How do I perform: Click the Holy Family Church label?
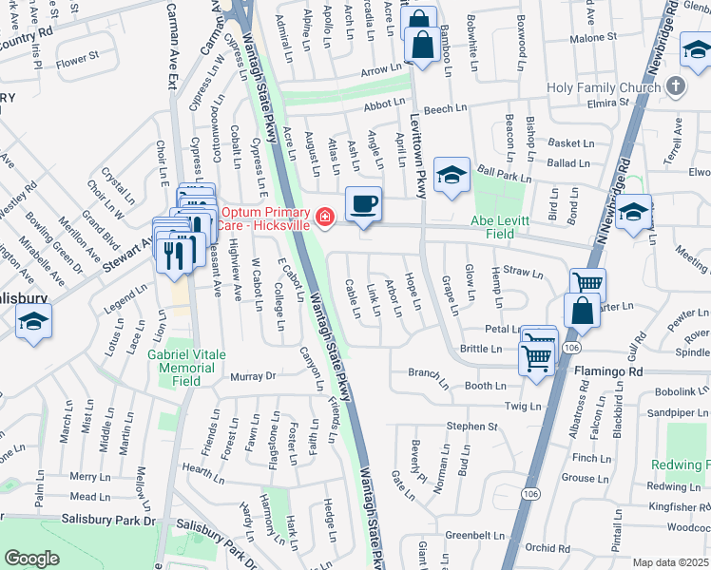(604, 88)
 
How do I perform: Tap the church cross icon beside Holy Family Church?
(676, 87)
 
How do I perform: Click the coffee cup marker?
(363, 204)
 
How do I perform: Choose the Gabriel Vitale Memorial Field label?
(187, 367)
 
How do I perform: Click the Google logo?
(31, 559)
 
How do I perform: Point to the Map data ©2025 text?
(671, 562)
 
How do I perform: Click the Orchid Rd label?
(548, 547)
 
